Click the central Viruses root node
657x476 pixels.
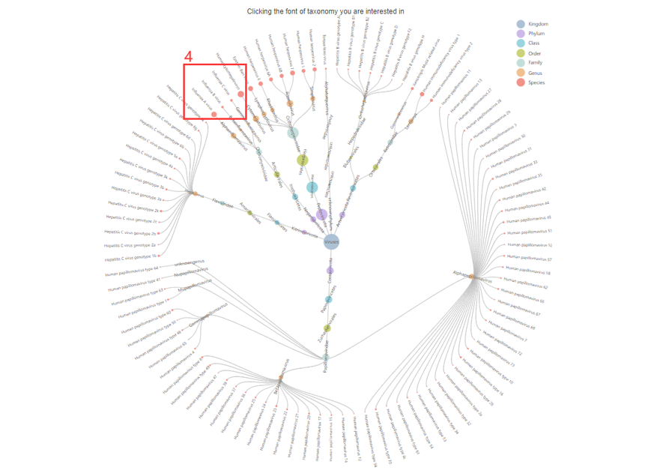[330, 242]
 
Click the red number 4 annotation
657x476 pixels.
[189, 57]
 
